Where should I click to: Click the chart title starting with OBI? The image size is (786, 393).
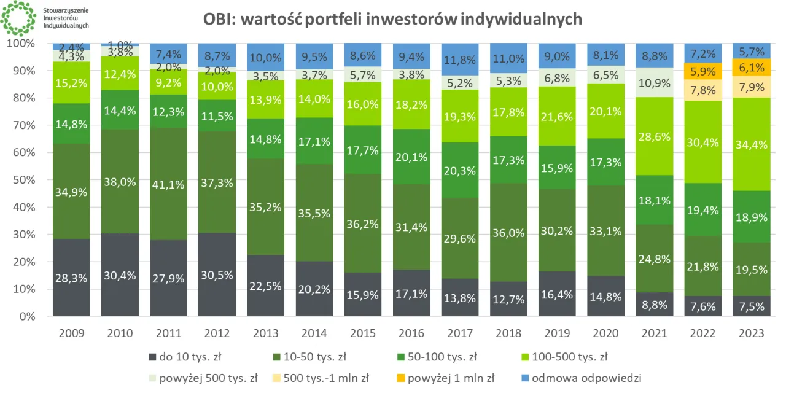pyautogui.click(x=393, y=20)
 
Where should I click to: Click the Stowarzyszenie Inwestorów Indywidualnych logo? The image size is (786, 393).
pyautogui.click(x=18, y=18)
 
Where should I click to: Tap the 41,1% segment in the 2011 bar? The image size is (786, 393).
pyautogui.click(x=168, y=184)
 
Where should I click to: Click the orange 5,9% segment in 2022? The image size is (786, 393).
pyautogui.click(x=702, y=71)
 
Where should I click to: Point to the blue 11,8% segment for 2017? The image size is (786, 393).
pyautogui.click(x=460, y=59)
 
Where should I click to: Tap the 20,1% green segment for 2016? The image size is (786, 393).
pyautogui.click(x=411, y=157)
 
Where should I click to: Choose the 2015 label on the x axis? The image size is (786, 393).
pyautogui.click(x=363, y=333)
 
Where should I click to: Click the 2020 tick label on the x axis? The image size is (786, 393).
pyautogui.click(x=605, y=333)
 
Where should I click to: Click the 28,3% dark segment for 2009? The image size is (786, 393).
pyautogui.click(x=71, y=278)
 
